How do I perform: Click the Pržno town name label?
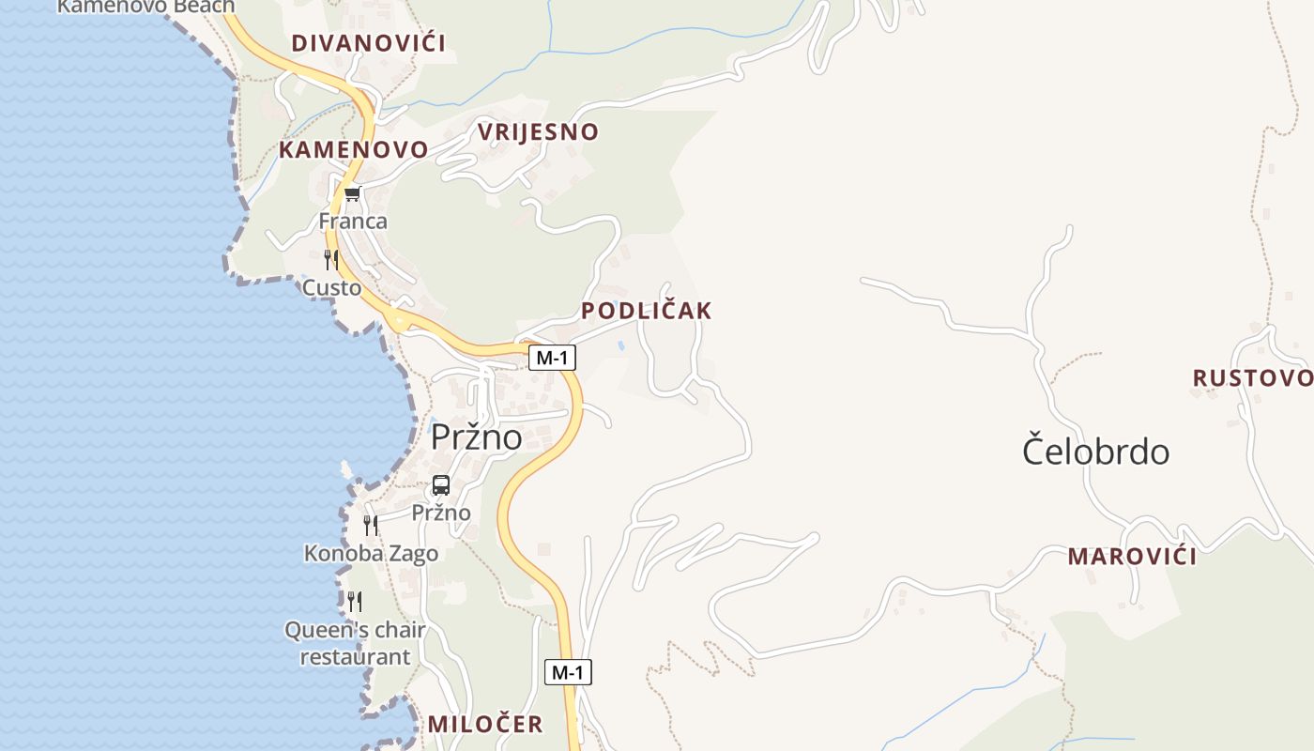point(476,437)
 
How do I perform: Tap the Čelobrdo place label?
point(1095,452)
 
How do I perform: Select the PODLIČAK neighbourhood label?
point(646,311)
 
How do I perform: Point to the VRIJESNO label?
point(538,132)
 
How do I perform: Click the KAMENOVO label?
point(353,149)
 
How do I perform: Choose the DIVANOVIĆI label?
point(368,43)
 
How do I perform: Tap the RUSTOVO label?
point(1252,378)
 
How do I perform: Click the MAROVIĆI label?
point(1132,557)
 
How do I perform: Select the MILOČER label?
point(485,724)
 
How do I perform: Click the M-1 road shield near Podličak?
point(552,358)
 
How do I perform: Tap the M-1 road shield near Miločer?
point(568,672)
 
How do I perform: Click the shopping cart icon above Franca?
point(352,194)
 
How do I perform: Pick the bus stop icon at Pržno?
point(441,485)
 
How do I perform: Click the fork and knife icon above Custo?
point(331,260)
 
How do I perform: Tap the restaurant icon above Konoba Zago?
point(371,525)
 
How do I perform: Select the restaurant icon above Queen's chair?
point(355,601)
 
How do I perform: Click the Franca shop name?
point(353,222)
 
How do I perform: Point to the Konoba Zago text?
point(371,554)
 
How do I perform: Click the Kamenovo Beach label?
point(145,7)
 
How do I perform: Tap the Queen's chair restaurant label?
point(355,643)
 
